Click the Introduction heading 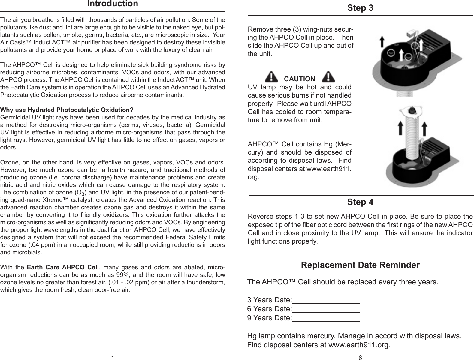[113, 4]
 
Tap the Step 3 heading [360, 8]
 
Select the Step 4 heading [360, 202]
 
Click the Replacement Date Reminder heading [360, 265]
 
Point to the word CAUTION [299, 79]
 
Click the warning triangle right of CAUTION [328, 77]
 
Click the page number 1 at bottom [112, 357]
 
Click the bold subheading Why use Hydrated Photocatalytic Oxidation [67, 109]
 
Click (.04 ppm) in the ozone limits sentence [29, 245]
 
